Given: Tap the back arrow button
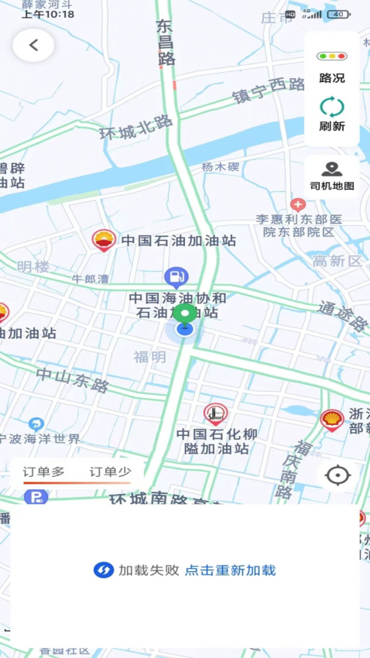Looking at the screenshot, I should (33, 45).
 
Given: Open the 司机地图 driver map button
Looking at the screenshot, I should (332, 176).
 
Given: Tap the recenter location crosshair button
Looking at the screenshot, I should (337, 475).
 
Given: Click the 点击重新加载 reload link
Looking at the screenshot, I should (230, 571).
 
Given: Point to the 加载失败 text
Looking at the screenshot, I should (149, 571).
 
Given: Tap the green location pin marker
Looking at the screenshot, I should (184, 314).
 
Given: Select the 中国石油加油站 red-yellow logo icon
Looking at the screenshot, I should (104, 241).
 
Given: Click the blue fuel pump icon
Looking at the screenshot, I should (176, 276).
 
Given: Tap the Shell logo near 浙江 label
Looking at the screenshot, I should (332, 420).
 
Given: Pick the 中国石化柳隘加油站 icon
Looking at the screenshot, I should (215, 414).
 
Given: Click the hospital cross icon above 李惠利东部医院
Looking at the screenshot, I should (298, 205).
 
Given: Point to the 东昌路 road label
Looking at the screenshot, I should (166, 43).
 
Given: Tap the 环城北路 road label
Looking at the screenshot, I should (136, 127).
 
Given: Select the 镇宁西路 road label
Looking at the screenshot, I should (269, 92).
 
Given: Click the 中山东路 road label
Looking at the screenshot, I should (73, 379).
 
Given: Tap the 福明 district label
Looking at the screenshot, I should (149, 357).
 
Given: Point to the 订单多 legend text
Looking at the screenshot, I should (43, 471).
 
